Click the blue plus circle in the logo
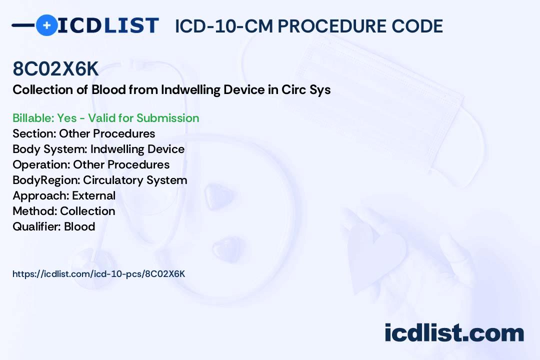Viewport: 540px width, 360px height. pos(46,25)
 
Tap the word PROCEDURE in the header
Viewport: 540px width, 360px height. pos(332,26)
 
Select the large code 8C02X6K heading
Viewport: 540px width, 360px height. pos(55,69)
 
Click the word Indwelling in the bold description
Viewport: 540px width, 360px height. pos(190,89)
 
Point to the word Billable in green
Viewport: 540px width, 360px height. pos(33,118)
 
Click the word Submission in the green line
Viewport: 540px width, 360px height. pos(167,118)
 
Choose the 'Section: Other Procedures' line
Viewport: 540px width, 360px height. pos(83,133)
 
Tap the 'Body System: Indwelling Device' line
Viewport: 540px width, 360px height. pos(98,149)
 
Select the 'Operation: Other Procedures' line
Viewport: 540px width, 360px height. pos(91,164)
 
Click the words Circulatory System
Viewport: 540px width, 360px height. pos(135,180)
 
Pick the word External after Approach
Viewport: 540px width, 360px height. pos(93,195)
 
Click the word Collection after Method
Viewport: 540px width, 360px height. pos(87,211)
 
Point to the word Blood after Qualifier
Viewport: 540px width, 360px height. pos(79,226)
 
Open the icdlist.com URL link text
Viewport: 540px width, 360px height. pos(99,274)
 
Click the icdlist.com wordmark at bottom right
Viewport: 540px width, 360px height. pos(454,332)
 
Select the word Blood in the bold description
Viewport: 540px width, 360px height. pos(108,89)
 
